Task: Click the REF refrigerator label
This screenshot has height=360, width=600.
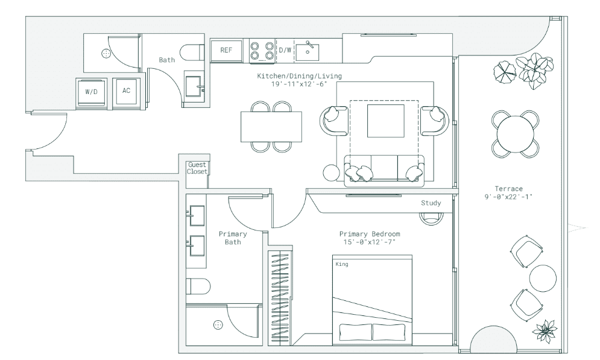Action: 226,50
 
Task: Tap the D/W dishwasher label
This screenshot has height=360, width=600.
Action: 285,50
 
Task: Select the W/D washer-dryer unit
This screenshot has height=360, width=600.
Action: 91,92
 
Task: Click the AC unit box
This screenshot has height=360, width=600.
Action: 126,92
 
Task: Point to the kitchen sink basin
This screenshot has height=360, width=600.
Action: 308,52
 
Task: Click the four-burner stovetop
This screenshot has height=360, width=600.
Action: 262,51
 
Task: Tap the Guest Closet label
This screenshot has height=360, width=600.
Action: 197,168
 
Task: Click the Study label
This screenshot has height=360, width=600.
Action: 431,203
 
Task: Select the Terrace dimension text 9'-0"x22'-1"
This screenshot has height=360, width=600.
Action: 508,197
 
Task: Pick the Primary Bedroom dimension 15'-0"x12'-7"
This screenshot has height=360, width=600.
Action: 369,242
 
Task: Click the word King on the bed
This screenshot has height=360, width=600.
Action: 342,264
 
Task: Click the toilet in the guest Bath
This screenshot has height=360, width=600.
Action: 192,52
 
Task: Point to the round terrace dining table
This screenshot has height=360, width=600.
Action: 516,134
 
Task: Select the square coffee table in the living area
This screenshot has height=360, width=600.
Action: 386,121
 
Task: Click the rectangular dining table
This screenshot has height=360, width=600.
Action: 271,126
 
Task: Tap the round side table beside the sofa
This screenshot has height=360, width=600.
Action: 331,172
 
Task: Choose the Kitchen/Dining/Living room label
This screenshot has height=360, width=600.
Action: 299,76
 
